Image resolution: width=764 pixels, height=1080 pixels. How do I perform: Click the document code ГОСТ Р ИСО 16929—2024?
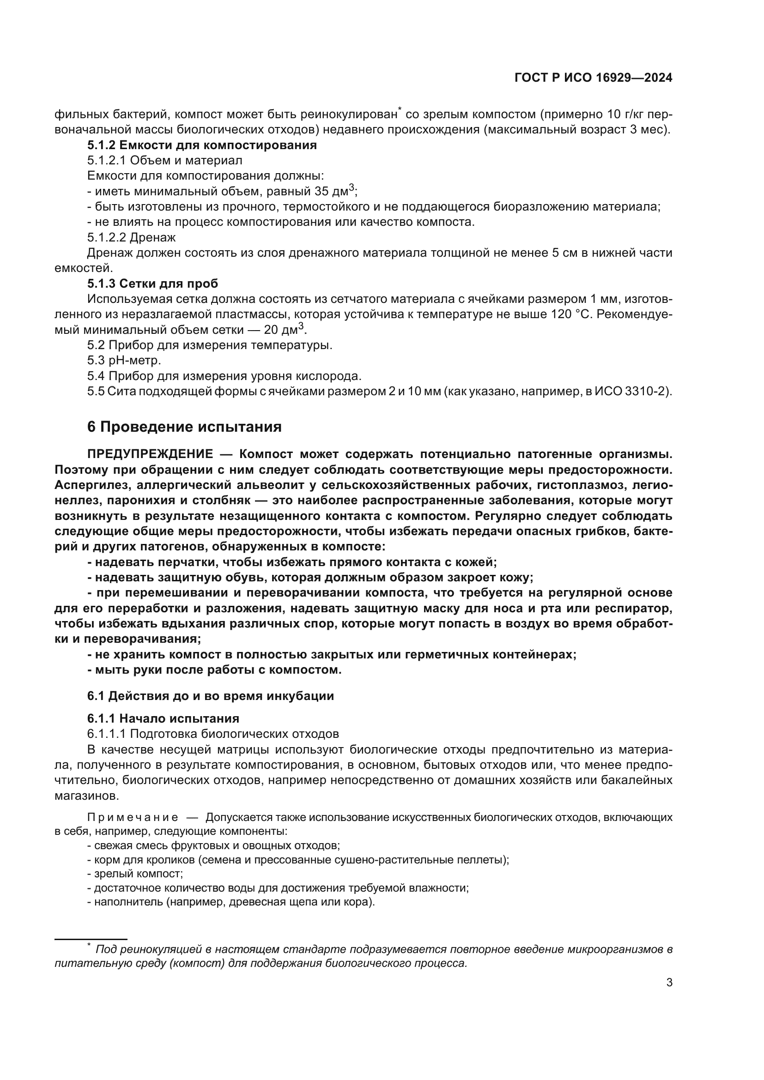tap(593, 78)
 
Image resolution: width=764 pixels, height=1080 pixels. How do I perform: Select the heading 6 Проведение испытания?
tap(184, 427)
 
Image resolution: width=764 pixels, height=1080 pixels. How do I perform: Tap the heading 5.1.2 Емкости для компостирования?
tap(202, 145)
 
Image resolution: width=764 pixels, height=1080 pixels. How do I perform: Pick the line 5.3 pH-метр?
tap(124, 360)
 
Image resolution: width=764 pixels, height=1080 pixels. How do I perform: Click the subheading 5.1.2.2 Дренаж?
tap(131, 237)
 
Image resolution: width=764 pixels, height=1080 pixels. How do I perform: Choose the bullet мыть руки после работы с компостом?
tap(214, 670)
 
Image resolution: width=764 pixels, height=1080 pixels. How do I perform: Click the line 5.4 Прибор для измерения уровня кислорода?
tap(224, 376)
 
